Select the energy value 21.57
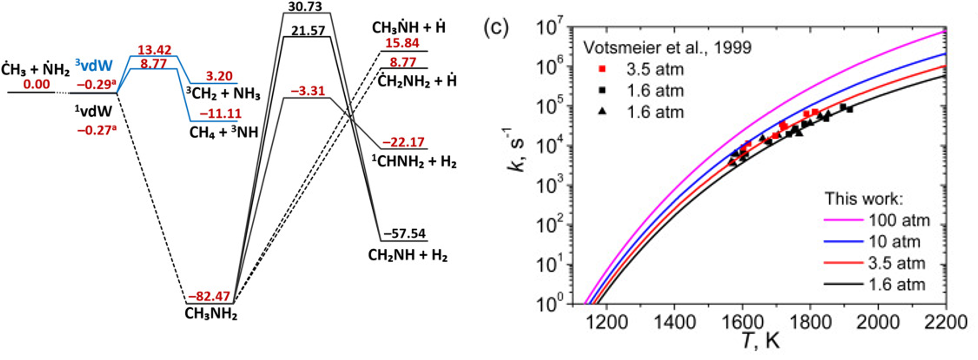(x=309, y=31)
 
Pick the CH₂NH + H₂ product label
(x=408, y=255)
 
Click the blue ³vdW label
(x=94, y=66)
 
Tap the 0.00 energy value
(x=37, y=84)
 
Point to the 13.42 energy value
(x=155, y=50)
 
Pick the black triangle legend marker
(x=602, y=112)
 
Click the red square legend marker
(x=602, y=69)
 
